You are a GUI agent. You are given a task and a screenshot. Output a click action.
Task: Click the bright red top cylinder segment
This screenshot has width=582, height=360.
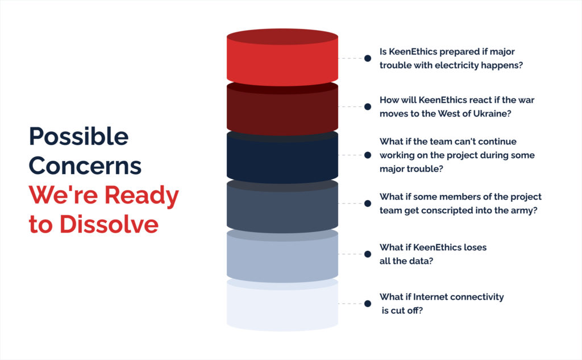(282, 57)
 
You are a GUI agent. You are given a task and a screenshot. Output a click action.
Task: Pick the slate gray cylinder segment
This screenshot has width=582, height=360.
(282, 207)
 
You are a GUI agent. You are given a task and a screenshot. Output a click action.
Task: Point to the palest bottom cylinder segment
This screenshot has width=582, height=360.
(282, 305)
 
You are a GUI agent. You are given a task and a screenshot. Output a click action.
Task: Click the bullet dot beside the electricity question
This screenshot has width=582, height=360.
(368, 59)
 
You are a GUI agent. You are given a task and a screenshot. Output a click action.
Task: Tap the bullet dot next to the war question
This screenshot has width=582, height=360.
(368, 106)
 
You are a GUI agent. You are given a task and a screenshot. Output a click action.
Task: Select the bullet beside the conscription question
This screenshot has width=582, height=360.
(368, 203)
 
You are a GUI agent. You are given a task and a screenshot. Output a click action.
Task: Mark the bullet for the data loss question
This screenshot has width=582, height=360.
(368, 254)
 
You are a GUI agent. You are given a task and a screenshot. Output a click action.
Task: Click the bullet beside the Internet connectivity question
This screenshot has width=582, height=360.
(368, 304)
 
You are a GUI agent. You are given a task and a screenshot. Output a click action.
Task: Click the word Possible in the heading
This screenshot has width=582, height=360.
(78, 136)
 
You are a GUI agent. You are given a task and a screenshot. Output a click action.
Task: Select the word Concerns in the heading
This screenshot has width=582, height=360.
(85, 165)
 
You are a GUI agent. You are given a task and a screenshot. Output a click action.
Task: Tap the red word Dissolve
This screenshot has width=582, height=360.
(109, 224)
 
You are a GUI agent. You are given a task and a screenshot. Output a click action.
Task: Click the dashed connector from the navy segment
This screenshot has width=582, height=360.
(351, 155)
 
